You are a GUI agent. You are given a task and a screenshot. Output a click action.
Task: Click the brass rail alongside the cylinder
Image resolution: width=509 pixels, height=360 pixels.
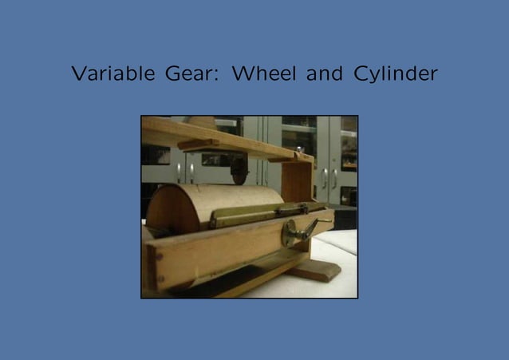click(239, 218)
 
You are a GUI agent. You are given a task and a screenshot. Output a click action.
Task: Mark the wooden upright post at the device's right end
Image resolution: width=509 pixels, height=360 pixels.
click(300, 180)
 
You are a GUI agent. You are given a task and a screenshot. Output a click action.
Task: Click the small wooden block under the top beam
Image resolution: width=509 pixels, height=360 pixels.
click(197, 144)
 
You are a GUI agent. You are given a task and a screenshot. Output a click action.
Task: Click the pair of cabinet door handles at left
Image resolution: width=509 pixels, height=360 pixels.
click(185, 172)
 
